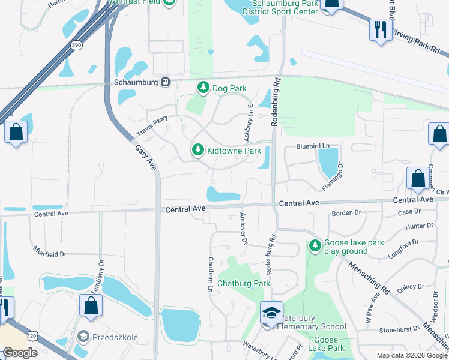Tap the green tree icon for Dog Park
point(203,88)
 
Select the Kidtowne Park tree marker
point(197,151)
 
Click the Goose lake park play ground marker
point(315,245)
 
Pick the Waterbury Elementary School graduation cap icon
point(271,313)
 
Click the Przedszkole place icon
point(83,337)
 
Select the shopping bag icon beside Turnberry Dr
point(91,305)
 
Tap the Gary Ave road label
point(146,158)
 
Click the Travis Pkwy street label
point(152,125)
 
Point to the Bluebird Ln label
point(313,146)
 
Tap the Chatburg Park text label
point(243,283)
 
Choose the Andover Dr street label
point(244,229)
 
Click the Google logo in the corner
point(20,352)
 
